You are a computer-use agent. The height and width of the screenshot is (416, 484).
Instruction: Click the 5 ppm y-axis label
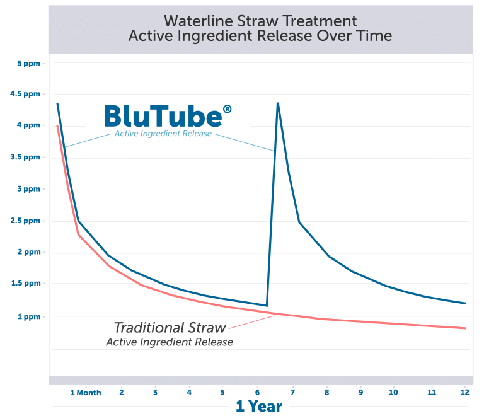point(29,63)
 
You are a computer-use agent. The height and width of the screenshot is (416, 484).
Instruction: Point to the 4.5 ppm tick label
point(28,95)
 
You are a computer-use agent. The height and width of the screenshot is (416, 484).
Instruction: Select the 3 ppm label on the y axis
point(29,189)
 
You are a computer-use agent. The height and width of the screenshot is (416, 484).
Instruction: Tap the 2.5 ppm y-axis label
point(28,221)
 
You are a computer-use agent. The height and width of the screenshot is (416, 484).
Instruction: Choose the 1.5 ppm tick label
point(28,284)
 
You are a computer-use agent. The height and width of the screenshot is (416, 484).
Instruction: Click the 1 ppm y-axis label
point(29,316)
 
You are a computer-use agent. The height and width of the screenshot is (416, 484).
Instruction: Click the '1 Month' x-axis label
point(85,391)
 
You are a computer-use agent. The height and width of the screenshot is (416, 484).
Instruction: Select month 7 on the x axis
point(292,391)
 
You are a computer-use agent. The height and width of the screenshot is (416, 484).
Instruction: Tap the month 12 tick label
point(464,391)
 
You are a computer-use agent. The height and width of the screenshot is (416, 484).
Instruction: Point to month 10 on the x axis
point(394,391)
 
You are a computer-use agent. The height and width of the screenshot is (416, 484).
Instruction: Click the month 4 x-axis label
point(188,391)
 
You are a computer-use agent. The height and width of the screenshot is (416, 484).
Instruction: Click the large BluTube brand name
point(162,117)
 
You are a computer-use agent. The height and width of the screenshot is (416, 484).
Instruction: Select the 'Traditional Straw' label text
point(170,328)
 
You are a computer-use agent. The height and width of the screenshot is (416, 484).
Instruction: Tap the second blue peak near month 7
point(277,103)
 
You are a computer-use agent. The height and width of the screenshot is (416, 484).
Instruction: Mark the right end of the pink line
point(466,328)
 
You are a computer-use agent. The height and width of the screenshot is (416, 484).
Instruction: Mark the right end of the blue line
point(466,303)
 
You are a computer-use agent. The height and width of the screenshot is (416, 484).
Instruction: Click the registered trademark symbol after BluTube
point(227,110)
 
